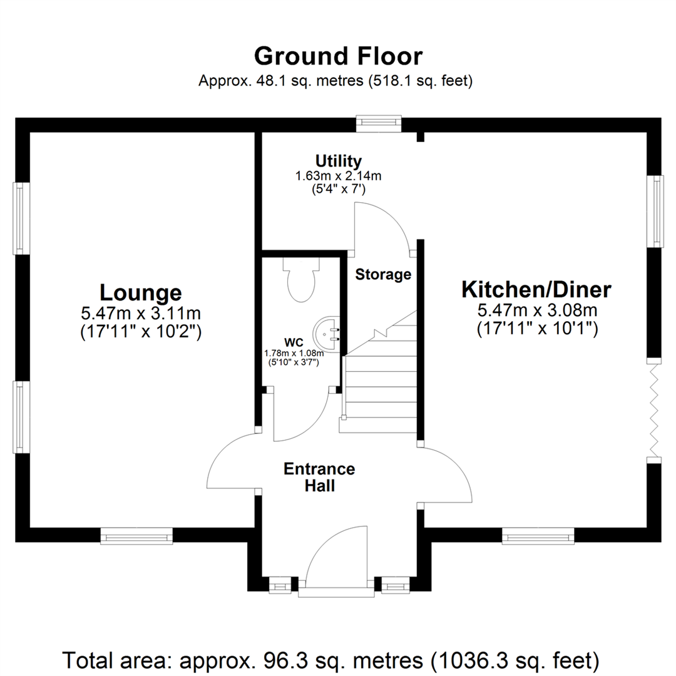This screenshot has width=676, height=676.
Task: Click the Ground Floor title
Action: click(338, 56)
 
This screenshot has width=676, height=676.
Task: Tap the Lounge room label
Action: click(141, 292)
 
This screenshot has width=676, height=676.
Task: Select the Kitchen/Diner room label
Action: click(536, 290)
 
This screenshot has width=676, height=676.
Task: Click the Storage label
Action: click(383, 274)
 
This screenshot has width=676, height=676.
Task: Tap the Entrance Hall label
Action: click(319, 477)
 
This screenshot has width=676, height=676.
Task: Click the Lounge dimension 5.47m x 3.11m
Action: click(141, 312)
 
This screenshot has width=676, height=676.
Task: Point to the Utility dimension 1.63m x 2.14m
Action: click(338, 176)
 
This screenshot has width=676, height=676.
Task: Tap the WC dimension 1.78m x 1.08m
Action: click(294, 353)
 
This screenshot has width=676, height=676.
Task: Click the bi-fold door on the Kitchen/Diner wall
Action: click(655, 409)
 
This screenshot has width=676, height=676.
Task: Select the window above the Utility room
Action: click(378, 123)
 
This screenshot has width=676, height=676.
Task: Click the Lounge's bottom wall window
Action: click(136, 535)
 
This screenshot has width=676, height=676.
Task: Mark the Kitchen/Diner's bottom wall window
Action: click(538, 535)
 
